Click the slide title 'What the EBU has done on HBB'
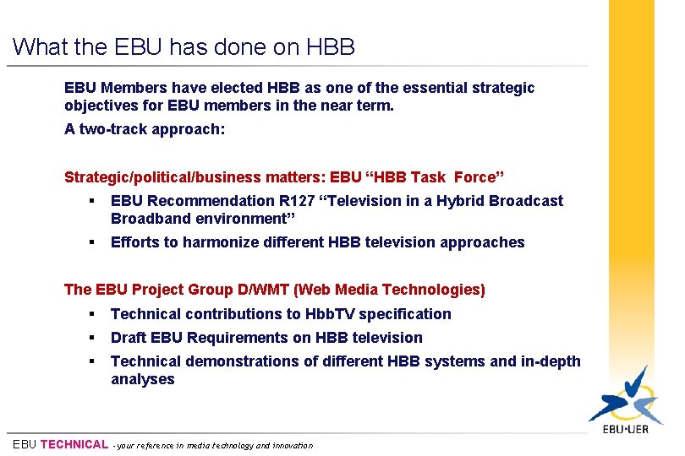click(184, 46)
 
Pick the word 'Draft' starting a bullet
click(129, 338)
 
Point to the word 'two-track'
click(111, 130)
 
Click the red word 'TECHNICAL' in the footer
click(74, 444)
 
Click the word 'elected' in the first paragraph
click(236, 88)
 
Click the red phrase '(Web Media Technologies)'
click(389, 290)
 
